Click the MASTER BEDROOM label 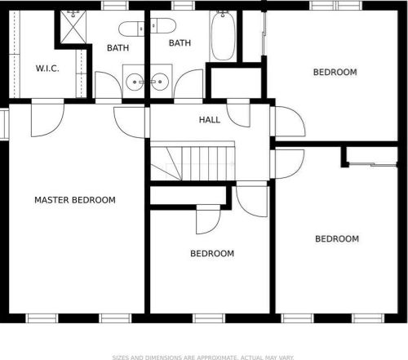[x=75, y=200]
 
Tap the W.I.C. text [x=47, y=69]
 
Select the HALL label [x=210, y=120]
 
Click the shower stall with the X [x=73, y=27]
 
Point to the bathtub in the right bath [x=223, y=36]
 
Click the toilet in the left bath [x=131, y=29]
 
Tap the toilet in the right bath [x=163, y=25]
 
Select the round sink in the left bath [x=135, y=82]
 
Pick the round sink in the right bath [x=160, y=82]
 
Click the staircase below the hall [x=193, y=162]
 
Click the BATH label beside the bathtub [x=180, y=43]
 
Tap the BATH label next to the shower [x=118, y=48]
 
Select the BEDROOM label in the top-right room [x=335, y=72]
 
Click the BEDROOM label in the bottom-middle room [x=212, y=254]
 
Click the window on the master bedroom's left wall [x=4, y=124]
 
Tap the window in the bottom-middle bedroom [x=209, y=318]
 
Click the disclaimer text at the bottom [x=203, y=358]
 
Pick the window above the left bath [x=115, y=6]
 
